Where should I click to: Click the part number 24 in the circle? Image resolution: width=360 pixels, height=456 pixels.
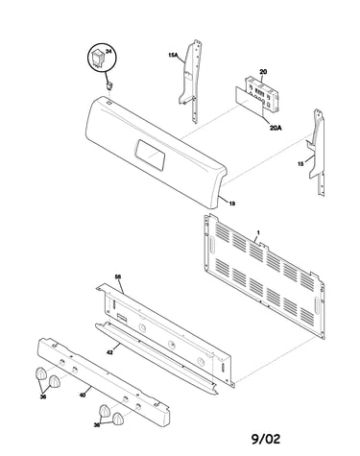[x=108, y=52]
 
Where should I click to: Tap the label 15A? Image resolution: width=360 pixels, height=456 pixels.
[x=173, y=55]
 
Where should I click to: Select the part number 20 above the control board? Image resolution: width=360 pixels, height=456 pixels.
[x=263, y=72]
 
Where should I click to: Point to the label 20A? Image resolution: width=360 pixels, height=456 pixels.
[x=276, y=128]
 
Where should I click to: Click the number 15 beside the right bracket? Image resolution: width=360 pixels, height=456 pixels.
[x=300, y=164]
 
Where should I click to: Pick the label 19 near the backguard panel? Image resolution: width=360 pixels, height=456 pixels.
[x=232, y=204]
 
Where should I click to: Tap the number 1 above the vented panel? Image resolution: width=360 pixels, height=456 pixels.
[x=258, y=232]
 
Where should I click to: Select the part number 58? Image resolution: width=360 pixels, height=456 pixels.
[x=118, y=276]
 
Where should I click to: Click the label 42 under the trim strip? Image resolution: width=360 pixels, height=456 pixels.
[x=109, y=352]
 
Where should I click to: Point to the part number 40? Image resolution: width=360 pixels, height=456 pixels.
[x=83, y=396]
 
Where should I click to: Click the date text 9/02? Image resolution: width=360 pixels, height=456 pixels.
[x=266, y=439]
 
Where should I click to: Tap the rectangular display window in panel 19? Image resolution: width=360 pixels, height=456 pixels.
[x=150, y=156]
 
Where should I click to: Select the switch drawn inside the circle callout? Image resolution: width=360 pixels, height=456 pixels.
[x=97, y=58]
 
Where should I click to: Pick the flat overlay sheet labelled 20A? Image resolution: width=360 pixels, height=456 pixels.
[x=249, y=98]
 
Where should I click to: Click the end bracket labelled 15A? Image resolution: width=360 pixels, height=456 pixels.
[x=190, y=82]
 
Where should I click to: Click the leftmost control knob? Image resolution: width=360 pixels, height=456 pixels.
[x=40, y=373]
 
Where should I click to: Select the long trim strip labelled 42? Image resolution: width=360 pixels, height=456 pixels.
[x=156, y=358]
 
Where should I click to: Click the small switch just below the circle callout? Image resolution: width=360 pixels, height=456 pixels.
[x=109, y=85]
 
